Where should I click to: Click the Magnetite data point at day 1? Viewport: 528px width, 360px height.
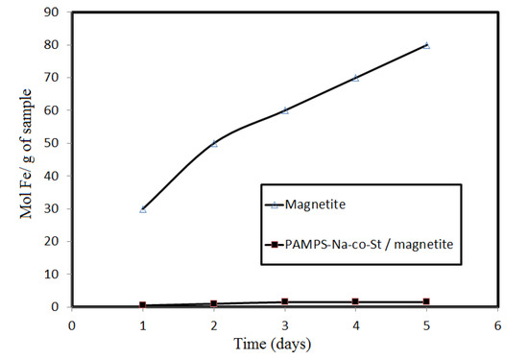click(x=143, y=208)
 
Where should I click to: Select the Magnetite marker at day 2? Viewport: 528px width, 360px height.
click(x=214, y=143)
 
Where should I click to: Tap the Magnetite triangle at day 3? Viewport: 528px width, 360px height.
click(x=285, y=110)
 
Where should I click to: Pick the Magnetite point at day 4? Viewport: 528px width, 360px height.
click(x=356, y=78)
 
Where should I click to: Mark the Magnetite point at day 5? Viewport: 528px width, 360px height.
click(x=426, y=45)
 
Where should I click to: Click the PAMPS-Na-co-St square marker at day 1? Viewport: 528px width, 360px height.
click(x=143, y=305)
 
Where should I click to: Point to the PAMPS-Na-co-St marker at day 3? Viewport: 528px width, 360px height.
click(x=285, y=301)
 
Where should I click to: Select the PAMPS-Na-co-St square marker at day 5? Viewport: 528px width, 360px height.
click(x=426, y=301)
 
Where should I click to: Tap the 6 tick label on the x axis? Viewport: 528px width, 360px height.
click(x=497, y=324)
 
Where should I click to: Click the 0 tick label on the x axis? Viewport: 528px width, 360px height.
click(x=72, y=324)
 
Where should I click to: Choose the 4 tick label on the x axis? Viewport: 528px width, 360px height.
click(x=356, y=324)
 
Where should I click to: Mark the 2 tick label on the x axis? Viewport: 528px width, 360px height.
click(x=214, y=324)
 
